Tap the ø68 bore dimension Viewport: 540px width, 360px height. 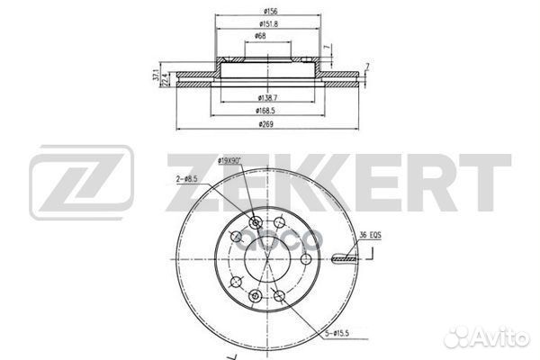[x=259, y=36]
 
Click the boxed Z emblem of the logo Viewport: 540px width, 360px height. [x=82, y=184]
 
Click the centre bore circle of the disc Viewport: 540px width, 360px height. [x=267, y=260]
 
